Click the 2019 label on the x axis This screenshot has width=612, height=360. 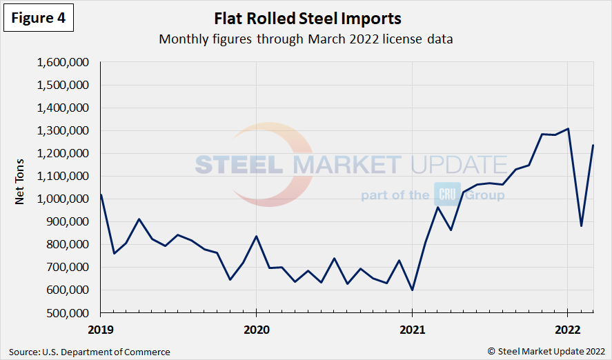point(101,328)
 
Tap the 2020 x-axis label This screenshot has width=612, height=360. point(256,328)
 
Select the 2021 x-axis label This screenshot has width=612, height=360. point(412,328)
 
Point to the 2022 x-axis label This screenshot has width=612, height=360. point(567,328)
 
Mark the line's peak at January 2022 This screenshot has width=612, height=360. point(568,129)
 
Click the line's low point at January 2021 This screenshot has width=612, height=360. point(412,290)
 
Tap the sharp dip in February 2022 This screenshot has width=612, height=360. point(581,226)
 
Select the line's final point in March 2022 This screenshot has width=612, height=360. point(593,145)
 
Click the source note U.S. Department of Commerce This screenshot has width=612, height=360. point(90,352)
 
